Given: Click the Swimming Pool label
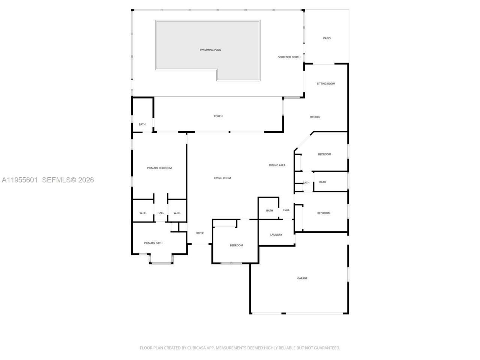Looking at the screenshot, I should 210,50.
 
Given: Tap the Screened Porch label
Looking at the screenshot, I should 289,57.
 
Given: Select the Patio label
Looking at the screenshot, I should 327,38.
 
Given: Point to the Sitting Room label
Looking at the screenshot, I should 326,84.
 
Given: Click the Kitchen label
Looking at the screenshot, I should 315,117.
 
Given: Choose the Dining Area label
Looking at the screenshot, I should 277,165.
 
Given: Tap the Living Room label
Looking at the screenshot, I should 222,178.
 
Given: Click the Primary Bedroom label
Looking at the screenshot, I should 159,168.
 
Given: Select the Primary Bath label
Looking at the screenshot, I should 153,243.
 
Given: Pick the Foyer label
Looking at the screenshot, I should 199,233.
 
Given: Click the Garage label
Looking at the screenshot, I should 302,278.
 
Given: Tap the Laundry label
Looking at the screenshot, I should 276,235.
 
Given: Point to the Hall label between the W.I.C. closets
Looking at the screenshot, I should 160,213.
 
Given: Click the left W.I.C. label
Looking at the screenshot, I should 143,213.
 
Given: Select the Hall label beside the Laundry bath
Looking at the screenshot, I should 286,210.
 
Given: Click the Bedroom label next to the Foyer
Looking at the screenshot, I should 236,246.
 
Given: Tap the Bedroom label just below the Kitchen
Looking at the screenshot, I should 324,154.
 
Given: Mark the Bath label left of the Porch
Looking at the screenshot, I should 142,124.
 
